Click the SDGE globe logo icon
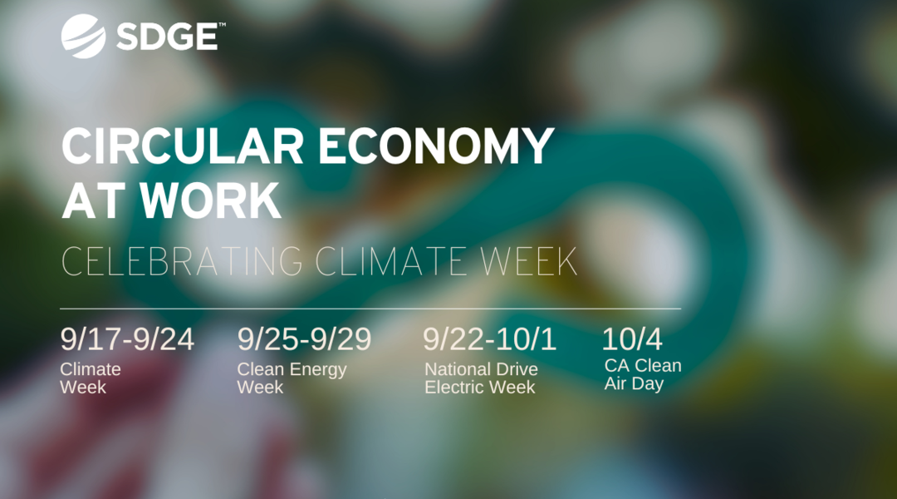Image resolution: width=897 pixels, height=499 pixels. tap(84, 36)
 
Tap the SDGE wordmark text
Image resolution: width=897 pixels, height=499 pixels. tap(167, 37)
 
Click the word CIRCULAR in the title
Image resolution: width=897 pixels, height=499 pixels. tap(183, 146)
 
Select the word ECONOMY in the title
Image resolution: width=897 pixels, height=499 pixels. tap(436, 146)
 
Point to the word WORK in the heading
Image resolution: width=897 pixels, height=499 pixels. tap(210, 200)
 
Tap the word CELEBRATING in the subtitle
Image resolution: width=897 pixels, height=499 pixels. tap(182, 261)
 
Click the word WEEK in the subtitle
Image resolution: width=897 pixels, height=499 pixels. tap(528, 261)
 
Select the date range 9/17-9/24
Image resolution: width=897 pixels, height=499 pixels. tap(127, 339)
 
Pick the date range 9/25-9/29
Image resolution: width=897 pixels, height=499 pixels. tap(304, 339)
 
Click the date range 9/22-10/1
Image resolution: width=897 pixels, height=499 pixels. tap(490, 339)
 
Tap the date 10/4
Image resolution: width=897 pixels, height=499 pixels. tap(632, 339)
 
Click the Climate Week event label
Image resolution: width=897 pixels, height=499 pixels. tap(91, 378)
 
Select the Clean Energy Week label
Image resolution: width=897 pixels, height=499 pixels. tap(292, 378)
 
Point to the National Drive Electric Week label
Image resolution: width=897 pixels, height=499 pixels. tap(481, 378)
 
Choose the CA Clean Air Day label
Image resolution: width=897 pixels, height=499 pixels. tap(643, 375)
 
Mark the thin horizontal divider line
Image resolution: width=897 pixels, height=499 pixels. tap(370, 309)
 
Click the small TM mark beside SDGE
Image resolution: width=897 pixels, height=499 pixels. tap(222, 25)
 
